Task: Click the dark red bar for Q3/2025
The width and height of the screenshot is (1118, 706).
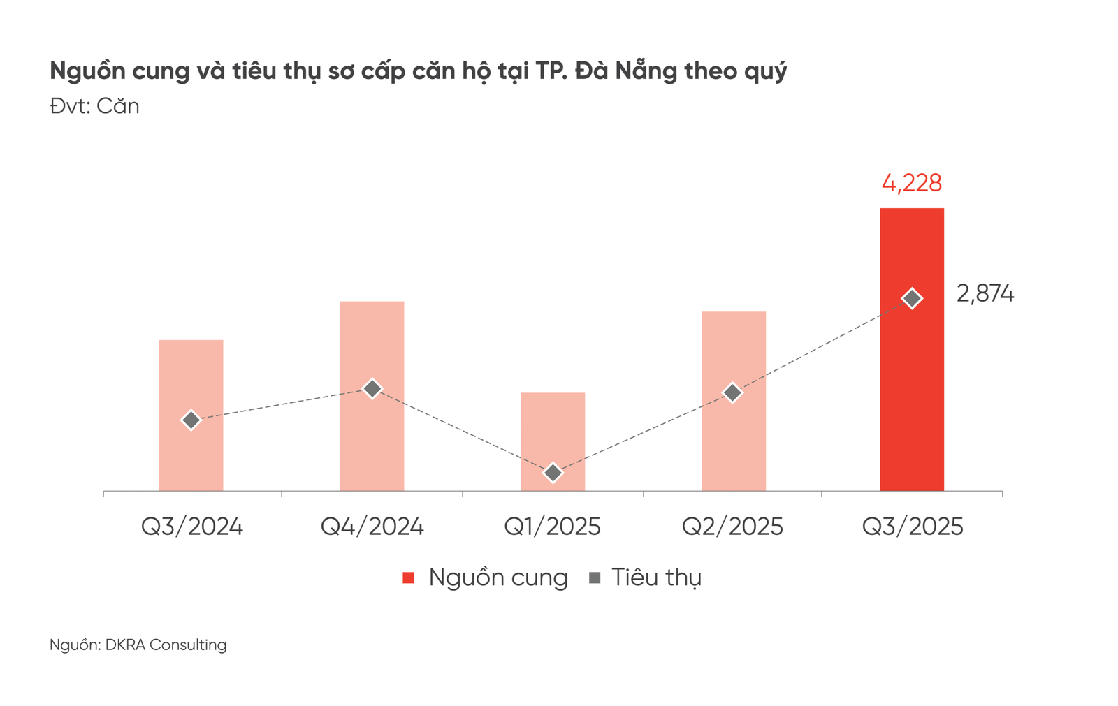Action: pyautogui.click(x=911, y=391)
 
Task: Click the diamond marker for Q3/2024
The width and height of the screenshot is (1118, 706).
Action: pyautogui.click(x=191, y=420)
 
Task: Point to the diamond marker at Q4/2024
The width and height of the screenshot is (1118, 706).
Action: pyautogui.click(x=372, y=388)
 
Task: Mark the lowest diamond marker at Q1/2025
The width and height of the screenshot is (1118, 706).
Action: pyautogui.click(x=552, y=473)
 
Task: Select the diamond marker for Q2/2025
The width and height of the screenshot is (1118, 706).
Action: pyautogui.click(x=732, y=392)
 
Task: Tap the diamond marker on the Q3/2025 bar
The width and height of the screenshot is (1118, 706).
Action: pyautogui.click(x=911, y=298)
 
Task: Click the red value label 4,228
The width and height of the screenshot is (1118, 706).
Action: pyautogui.click(x=911, y=183)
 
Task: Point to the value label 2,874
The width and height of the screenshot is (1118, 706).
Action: pyautogui.click(x=985, y=294)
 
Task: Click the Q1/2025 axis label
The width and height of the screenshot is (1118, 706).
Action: pyautogui.click(x=552, y=527)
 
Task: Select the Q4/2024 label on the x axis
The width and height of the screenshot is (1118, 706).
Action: pyautogui.click(x=372, y=527)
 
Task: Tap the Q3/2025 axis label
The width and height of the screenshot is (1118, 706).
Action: pyautogui.click(x=912, y=527)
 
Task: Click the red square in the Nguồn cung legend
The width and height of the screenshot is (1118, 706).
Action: pyautogui.click(x=409, y=578)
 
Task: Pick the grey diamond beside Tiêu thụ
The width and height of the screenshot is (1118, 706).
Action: pyautogui.click(x=595, y=578)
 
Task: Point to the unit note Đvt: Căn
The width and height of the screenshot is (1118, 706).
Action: pyautogui.click(x=94, y=106)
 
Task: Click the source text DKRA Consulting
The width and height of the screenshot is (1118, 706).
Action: pyautogui.click(x=166, y=645)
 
